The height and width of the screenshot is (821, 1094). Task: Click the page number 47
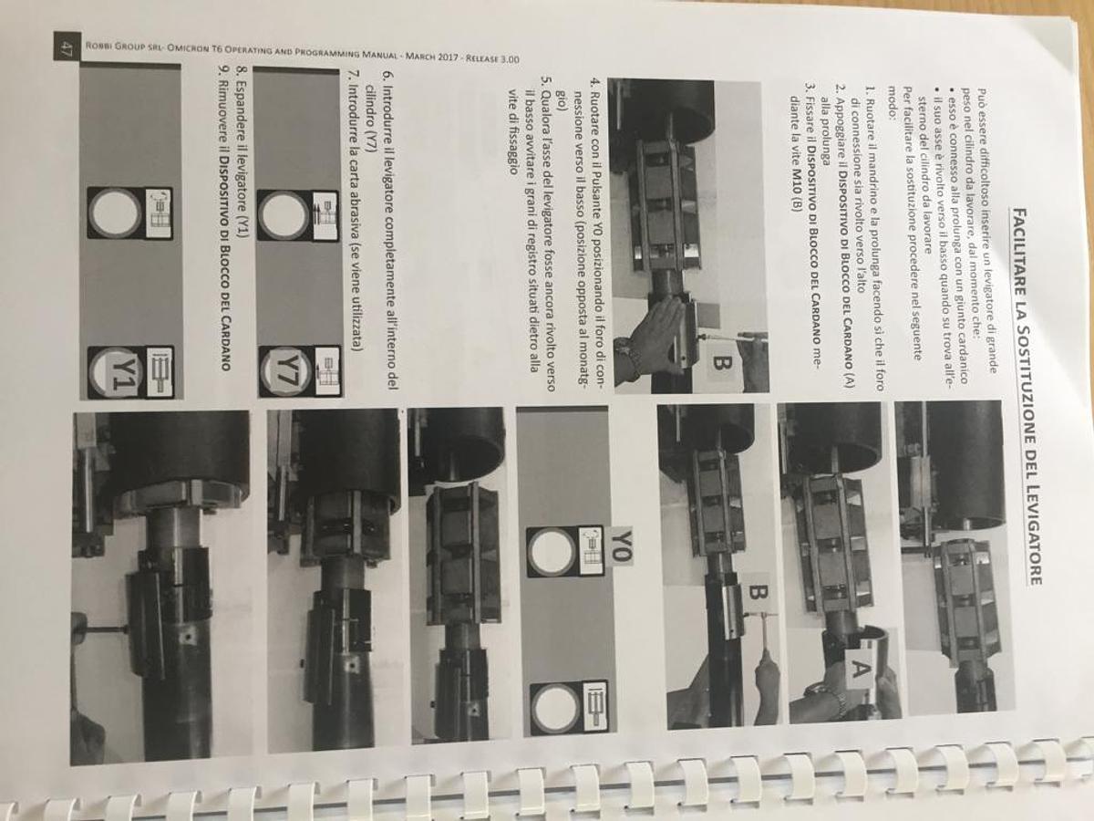[65, 49]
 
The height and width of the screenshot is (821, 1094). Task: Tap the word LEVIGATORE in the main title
[1031, 535]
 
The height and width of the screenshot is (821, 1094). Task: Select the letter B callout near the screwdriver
[759, 595]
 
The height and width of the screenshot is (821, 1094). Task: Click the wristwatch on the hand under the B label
[627, 354]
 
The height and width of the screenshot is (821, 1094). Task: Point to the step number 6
[387, 76]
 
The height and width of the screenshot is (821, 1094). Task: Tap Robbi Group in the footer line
[117, 47]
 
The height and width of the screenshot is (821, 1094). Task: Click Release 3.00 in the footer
[492, 57]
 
